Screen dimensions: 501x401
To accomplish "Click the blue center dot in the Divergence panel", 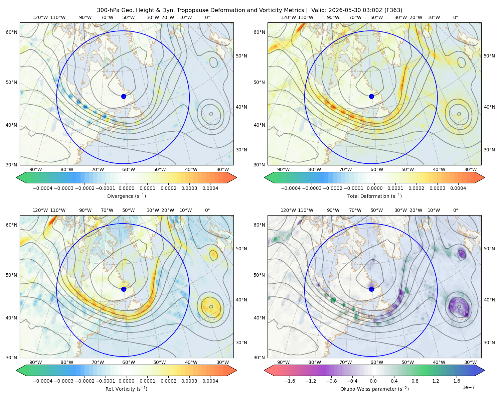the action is click(124, 96).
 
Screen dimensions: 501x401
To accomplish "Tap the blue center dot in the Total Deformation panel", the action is click(371, 96).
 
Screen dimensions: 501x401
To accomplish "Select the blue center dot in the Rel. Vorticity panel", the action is click(124, 289).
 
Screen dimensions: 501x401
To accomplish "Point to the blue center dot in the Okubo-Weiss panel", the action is click(371, 289).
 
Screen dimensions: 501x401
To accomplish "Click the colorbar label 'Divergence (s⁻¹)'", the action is click(126, 196).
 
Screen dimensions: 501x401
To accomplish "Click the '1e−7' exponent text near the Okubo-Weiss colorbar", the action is click(468, 387).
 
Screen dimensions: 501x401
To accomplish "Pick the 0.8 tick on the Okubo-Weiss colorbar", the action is click(415, 381).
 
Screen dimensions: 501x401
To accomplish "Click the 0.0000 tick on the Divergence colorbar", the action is click(126, 188).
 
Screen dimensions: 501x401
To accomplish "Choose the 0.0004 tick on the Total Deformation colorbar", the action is click(458, 188).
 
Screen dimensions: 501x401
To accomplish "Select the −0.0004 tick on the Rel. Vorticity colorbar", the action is click(43, 381).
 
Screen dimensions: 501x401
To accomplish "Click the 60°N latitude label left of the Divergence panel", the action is click(11, 32).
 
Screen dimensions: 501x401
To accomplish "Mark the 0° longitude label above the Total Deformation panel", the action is click(455, 17).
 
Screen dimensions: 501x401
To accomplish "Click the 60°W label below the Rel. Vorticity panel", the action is click(129, 362).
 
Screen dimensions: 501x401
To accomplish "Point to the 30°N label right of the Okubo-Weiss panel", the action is click(489, 343).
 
